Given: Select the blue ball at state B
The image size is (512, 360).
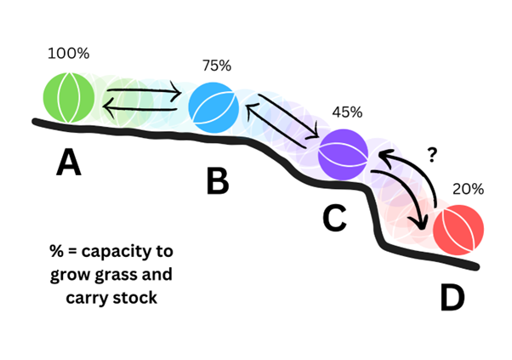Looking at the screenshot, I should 214,105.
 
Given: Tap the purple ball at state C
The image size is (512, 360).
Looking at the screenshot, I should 343,152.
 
